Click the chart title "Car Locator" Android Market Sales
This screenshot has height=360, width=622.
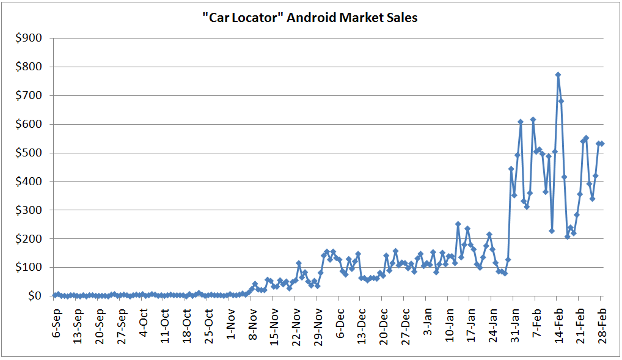(310, 18)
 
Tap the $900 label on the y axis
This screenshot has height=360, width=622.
(29, 38)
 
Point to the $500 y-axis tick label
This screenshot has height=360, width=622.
(29, 153)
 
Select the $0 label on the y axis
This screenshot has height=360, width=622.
(35, 296)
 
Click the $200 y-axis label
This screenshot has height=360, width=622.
(29, 238)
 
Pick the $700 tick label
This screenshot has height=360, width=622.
(29, 96)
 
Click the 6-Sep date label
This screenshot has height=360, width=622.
(57, 323)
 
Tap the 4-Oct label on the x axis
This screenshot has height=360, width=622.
(144, 323)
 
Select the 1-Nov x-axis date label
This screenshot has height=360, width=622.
(232, 324)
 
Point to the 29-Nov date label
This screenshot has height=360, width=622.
(318, 327)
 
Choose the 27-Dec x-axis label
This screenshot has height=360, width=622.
(406, 326)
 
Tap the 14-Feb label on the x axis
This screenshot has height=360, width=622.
(558, 326)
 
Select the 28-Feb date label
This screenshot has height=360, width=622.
(602, 326)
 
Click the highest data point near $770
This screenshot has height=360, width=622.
(558, 75)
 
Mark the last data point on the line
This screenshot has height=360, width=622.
(602, 144)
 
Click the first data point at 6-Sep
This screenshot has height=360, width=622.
(55, 295)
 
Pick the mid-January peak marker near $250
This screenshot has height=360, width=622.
(458, 224)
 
